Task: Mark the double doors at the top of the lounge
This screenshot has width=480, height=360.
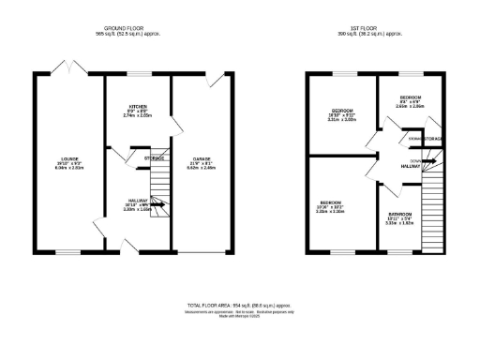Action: click(x=67, y=70)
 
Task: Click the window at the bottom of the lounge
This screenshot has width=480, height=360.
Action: click(x=67, y=252)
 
